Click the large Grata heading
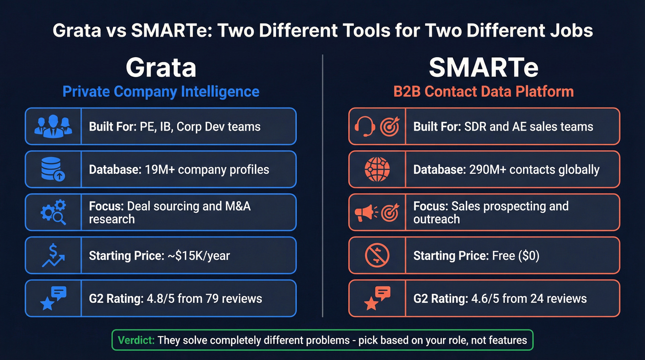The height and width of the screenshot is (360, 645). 161,67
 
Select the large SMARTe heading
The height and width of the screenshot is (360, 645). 484,67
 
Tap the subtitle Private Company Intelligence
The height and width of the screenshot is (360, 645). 161,91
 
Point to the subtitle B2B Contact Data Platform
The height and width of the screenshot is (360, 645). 484,91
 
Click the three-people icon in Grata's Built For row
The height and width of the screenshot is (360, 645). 53,126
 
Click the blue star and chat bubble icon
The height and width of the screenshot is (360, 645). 53,298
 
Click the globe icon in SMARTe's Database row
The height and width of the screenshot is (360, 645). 377,169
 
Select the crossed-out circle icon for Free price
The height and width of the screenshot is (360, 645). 377,255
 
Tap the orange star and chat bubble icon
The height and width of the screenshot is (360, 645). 377,298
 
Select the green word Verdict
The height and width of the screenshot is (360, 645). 135,341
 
